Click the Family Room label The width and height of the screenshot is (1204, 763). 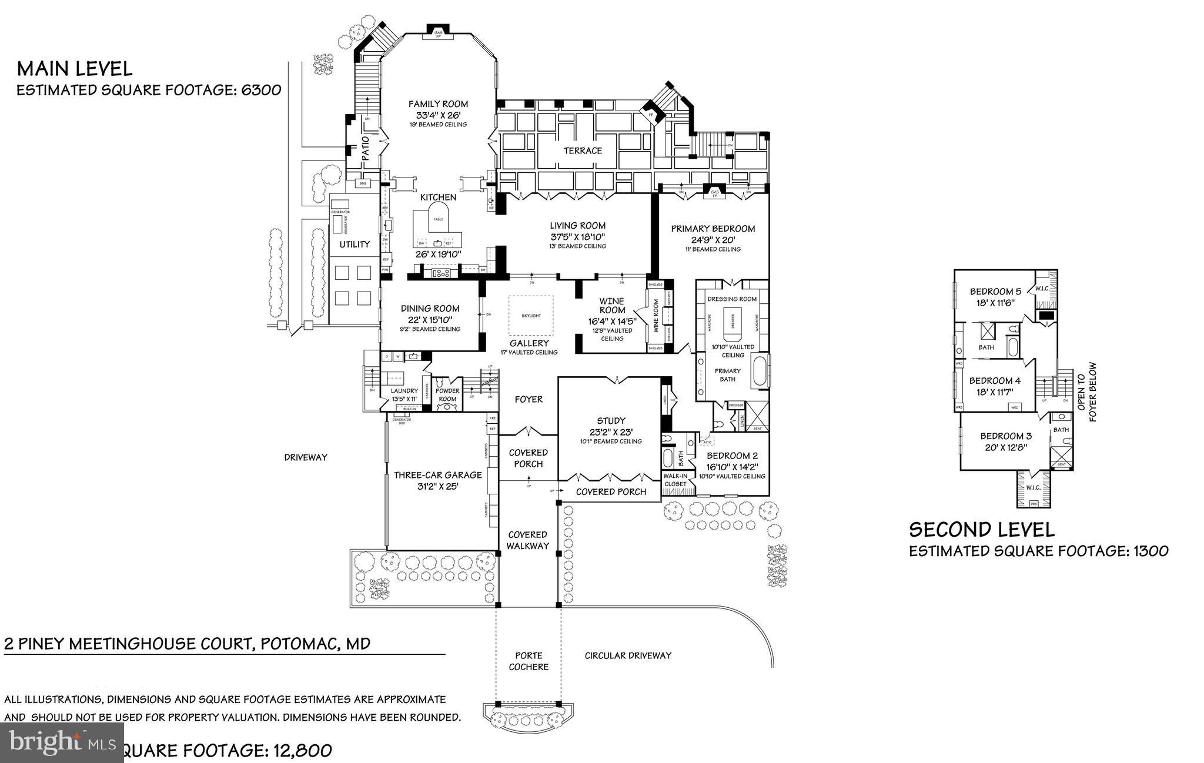click(438, 104)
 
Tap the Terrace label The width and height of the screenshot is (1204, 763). click(583, 150)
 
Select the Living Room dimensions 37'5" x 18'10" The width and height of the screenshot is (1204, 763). click(577, 236)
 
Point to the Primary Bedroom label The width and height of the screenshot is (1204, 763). click(713, 229)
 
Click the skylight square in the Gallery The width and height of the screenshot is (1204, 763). click(531, 316)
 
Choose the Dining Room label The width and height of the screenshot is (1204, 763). click(430, 308)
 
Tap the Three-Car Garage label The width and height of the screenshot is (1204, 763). click(437, 475)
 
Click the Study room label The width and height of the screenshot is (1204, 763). click(611, 420)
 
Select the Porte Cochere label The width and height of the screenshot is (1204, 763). click(529, 661)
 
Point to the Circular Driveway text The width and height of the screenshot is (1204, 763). click(628, 655)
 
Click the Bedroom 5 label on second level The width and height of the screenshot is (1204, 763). click(995, 292)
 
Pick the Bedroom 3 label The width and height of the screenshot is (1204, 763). click(1005, 436)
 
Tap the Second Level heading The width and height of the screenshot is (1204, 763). click(981, 530)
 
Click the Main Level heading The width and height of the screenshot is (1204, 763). click(75, 69)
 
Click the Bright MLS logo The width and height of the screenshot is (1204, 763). click(62, 742)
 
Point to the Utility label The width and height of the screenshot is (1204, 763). click(354, 244)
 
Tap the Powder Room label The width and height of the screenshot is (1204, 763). click(447, 394)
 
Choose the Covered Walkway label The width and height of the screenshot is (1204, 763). click(527, 540)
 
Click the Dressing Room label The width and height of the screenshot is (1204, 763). click(732, 299)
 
